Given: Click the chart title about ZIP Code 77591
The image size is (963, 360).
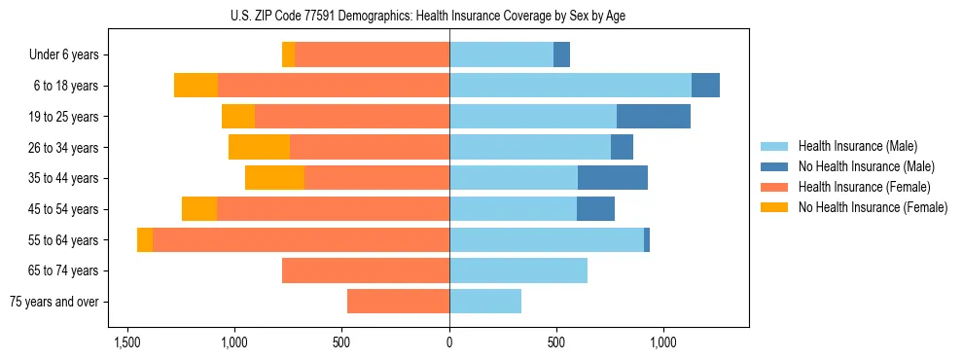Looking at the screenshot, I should point(449,16).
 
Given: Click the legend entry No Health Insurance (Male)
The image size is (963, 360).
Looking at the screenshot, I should point(866,166).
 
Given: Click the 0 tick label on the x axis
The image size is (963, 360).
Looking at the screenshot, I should point(449,343).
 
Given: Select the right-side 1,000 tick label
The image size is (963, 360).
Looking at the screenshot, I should point(662,343).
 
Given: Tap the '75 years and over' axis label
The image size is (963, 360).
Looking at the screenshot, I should point(53,302).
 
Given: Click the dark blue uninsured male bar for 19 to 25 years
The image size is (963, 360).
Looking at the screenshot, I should point(654,117).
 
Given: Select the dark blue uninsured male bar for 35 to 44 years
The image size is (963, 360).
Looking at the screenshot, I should point(613,178).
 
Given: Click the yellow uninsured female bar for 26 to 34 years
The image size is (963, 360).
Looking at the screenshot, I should point(259,147).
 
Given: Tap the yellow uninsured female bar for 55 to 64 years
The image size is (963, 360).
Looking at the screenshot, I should point(145,240).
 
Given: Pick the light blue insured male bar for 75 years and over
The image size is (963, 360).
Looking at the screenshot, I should point(485,302).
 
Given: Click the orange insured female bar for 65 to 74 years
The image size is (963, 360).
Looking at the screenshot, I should point(366,270).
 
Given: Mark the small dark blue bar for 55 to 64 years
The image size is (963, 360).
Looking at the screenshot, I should point(647,240).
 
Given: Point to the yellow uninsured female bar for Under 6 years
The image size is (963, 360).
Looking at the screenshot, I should point(288,55).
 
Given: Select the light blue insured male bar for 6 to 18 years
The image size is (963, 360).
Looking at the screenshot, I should point(570,86).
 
